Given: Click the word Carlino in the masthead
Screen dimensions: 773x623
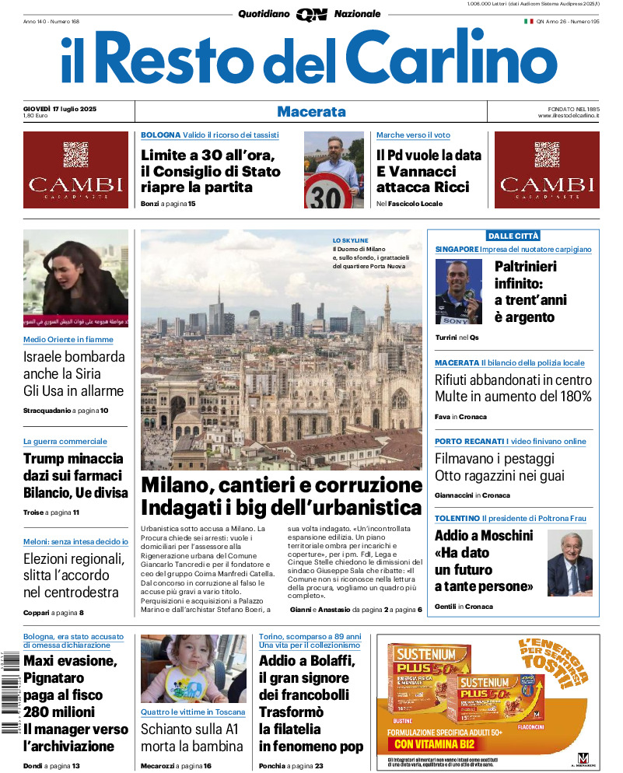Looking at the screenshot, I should point(451,60).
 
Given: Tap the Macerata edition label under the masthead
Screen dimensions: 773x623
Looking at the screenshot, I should point(311,111).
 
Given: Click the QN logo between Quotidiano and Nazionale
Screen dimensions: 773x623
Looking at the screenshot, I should point(311,14).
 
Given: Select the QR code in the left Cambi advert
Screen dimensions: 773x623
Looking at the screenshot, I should point(75,154).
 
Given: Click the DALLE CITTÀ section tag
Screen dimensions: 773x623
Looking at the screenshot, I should point(513,236).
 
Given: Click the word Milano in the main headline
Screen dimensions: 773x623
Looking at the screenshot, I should point(177,485).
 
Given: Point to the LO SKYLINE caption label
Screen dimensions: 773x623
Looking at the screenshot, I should point(350,240).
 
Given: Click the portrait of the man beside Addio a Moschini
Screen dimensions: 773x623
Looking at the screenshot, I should point(569,562).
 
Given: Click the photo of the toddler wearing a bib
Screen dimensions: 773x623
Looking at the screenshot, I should point(183,669).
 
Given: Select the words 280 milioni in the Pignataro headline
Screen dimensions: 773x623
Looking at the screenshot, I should point(59,712).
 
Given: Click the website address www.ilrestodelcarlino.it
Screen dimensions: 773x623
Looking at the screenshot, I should point(568,116).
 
